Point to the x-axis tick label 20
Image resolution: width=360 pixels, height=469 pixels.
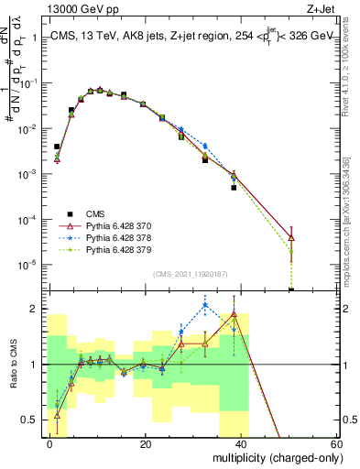click(145, 443)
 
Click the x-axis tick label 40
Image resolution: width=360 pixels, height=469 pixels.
click(240, 443)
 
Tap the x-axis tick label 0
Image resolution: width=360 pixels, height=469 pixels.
click(50, 443)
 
